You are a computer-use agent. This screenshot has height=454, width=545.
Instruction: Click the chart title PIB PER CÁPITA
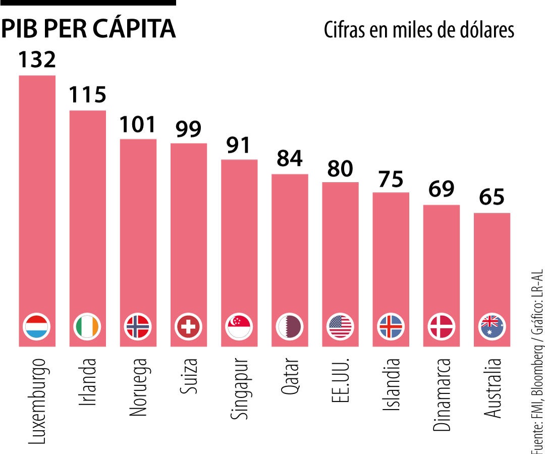click(x=88, y=30)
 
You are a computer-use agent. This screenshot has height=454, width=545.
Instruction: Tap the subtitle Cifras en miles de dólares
click(x=419, y=30)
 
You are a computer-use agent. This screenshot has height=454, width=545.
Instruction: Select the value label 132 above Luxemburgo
click(x=37, y=59)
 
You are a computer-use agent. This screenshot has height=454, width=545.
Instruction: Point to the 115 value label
click(x=87, y=94)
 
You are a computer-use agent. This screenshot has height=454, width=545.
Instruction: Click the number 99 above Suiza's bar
click(x=188, y=129)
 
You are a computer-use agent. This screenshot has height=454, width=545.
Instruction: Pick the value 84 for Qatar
click(x=290, y=158)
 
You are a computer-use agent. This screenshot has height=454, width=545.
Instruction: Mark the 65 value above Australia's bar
click(x=492, y=197)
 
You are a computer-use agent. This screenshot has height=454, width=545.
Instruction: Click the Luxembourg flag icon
click(x=37, y=326)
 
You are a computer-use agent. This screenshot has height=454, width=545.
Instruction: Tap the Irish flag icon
click(x=87, y=326)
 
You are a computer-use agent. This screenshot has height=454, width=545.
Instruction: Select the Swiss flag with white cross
click(x=188, y=326)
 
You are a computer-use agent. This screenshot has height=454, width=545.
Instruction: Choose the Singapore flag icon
click(x=239, y=326)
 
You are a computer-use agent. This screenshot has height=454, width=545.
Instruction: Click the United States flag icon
click(x=341, y=326)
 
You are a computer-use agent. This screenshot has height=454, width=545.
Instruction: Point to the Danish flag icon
click(x=442, y=326)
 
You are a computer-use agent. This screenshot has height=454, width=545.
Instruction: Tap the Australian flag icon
click(x=492, y=326)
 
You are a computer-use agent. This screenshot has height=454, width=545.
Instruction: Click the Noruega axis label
click(x=138, y=387)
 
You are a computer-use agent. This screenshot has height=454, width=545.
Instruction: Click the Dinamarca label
click(x=442, y=394)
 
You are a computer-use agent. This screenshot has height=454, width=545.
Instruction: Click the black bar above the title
click(x=88, y=3)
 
